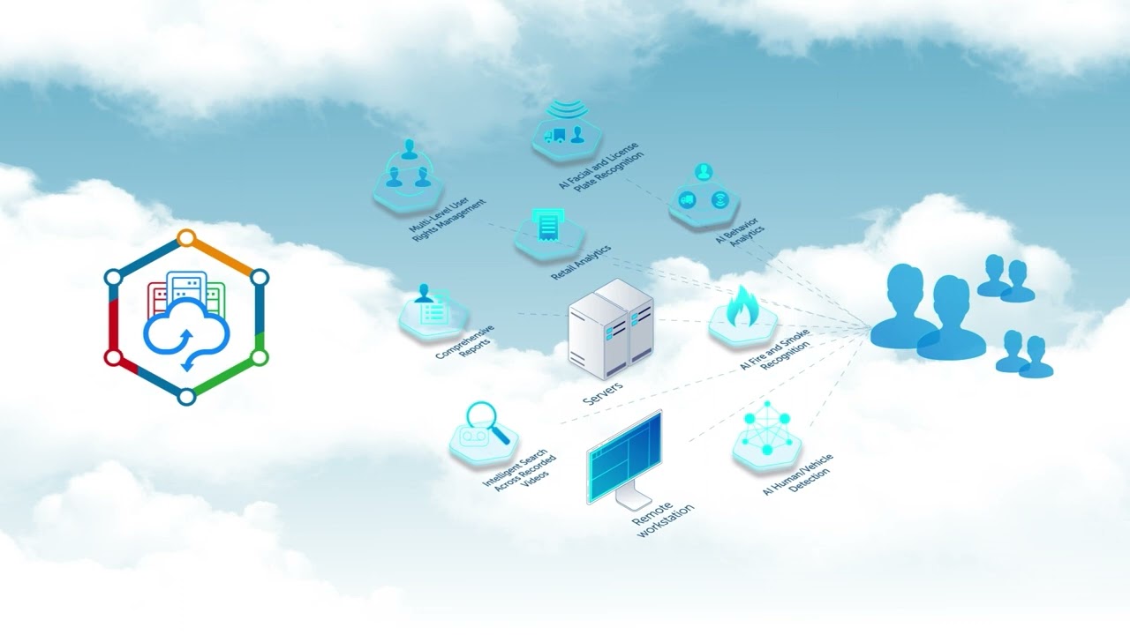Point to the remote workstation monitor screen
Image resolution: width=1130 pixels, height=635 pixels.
(626, 458)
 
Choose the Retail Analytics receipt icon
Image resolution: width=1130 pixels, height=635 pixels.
(550, 226)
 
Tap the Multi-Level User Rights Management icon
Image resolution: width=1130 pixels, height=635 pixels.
(408, 170)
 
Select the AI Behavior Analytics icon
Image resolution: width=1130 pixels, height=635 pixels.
(703, 191)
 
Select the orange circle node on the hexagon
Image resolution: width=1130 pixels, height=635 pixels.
(185, 237)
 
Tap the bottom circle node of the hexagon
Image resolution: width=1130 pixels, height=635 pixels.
(186, 397)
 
